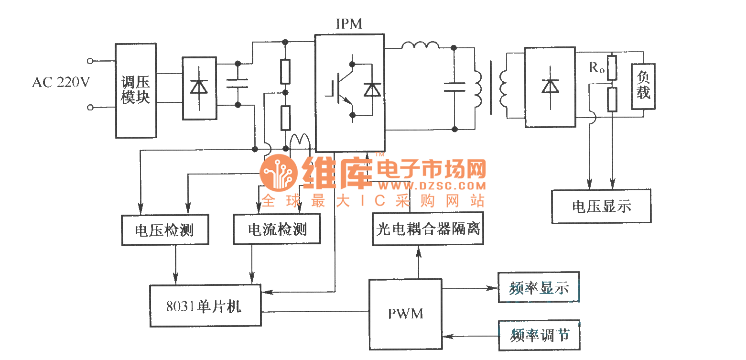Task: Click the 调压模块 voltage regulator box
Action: [x=136, y=90]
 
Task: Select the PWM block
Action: [x=405, y=314]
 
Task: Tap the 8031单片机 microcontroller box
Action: [x=205, y=306]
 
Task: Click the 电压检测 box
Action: [x=165, y=230]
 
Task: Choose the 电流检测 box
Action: [x=277, y=230]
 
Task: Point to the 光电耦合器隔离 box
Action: [x=428, y=229]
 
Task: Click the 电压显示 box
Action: [x=601, y=206]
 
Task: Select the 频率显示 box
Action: [x=539, y=287]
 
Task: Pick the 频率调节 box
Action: [x=539, y=335]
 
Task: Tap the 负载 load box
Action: [x=643, y=87]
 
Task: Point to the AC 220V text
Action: [x=61, y=83]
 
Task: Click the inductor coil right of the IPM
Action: [x=420, y=46]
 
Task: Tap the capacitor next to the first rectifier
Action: [x=237, y=84]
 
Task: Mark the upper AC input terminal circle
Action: [x=90, y=61]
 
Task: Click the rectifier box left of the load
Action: [x=550, y=87]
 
